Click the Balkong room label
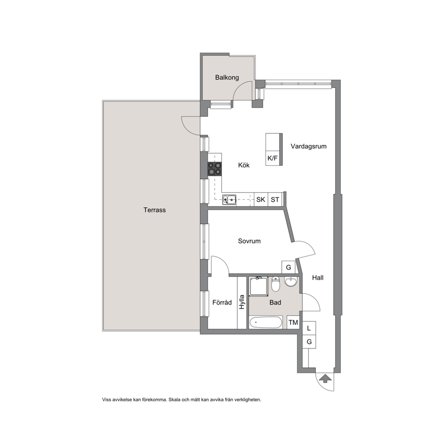(x=227, y=77)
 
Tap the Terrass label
(x=154, y=210)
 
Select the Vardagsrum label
(x=308, y=146)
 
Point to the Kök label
(x=244, y=165)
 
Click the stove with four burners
(x=215, y=169)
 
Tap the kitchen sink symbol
(x=229, y=199)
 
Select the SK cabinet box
(x=261, y=199)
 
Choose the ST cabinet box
(x=275, y=199)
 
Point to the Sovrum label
(x=249, y=241)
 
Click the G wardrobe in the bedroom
(x=289, y=267)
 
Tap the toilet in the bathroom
(x=276, y=284)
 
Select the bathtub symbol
(x=265, y=322)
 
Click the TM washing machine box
(x=293, y=322)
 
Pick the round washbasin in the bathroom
(x=291, y=282)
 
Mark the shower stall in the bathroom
(x=259, y=286)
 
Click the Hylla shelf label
(x=242, y=302)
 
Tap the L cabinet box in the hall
(x=309, y=328)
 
